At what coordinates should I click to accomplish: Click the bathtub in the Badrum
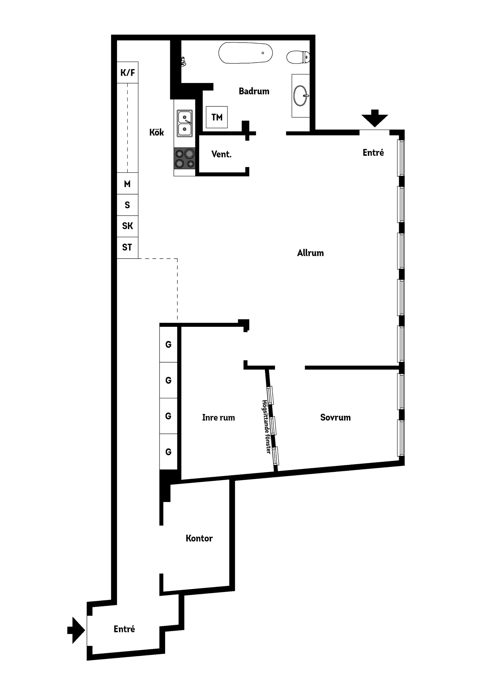(245, 53)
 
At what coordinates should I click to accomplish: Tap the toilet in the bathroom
(298, 57)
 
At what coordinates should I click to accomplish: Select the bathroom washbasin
(301, 96)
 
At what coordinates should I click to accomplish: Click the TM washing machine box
(217, 117)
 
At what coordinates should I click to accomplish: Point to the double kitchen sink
(185, 124)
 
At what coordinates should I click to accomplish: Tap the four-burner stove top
(184, 158)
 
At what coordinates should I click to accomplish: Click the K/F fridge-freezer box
(128, 72)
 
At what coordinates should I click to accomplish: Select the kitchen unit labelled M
(128, 184)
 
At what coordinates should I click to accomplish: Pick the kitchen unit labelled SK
(128, 226)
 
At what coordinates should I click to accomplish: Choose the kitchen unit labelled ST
(128, 248)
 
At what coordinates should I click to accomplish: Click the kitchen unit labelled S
(128, 205)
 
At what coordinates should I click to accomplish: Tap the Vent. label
(221, 154)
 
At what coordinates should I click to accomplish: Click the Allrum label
(310, 253)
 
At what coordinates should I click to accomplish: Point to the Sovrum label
(336, 417)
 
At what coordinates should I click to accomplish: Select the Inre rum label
(219, 417)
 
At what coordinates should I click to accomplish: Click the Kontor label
(199, 538)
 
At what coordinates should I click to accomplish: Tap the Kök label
(157, 132)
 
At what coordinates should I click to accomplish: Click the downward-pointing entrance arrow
(375, 118)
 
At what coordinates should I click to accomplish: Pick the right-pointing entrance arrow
(76, 630)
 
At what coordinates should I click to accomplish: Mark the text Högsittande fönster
(266, 427)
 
